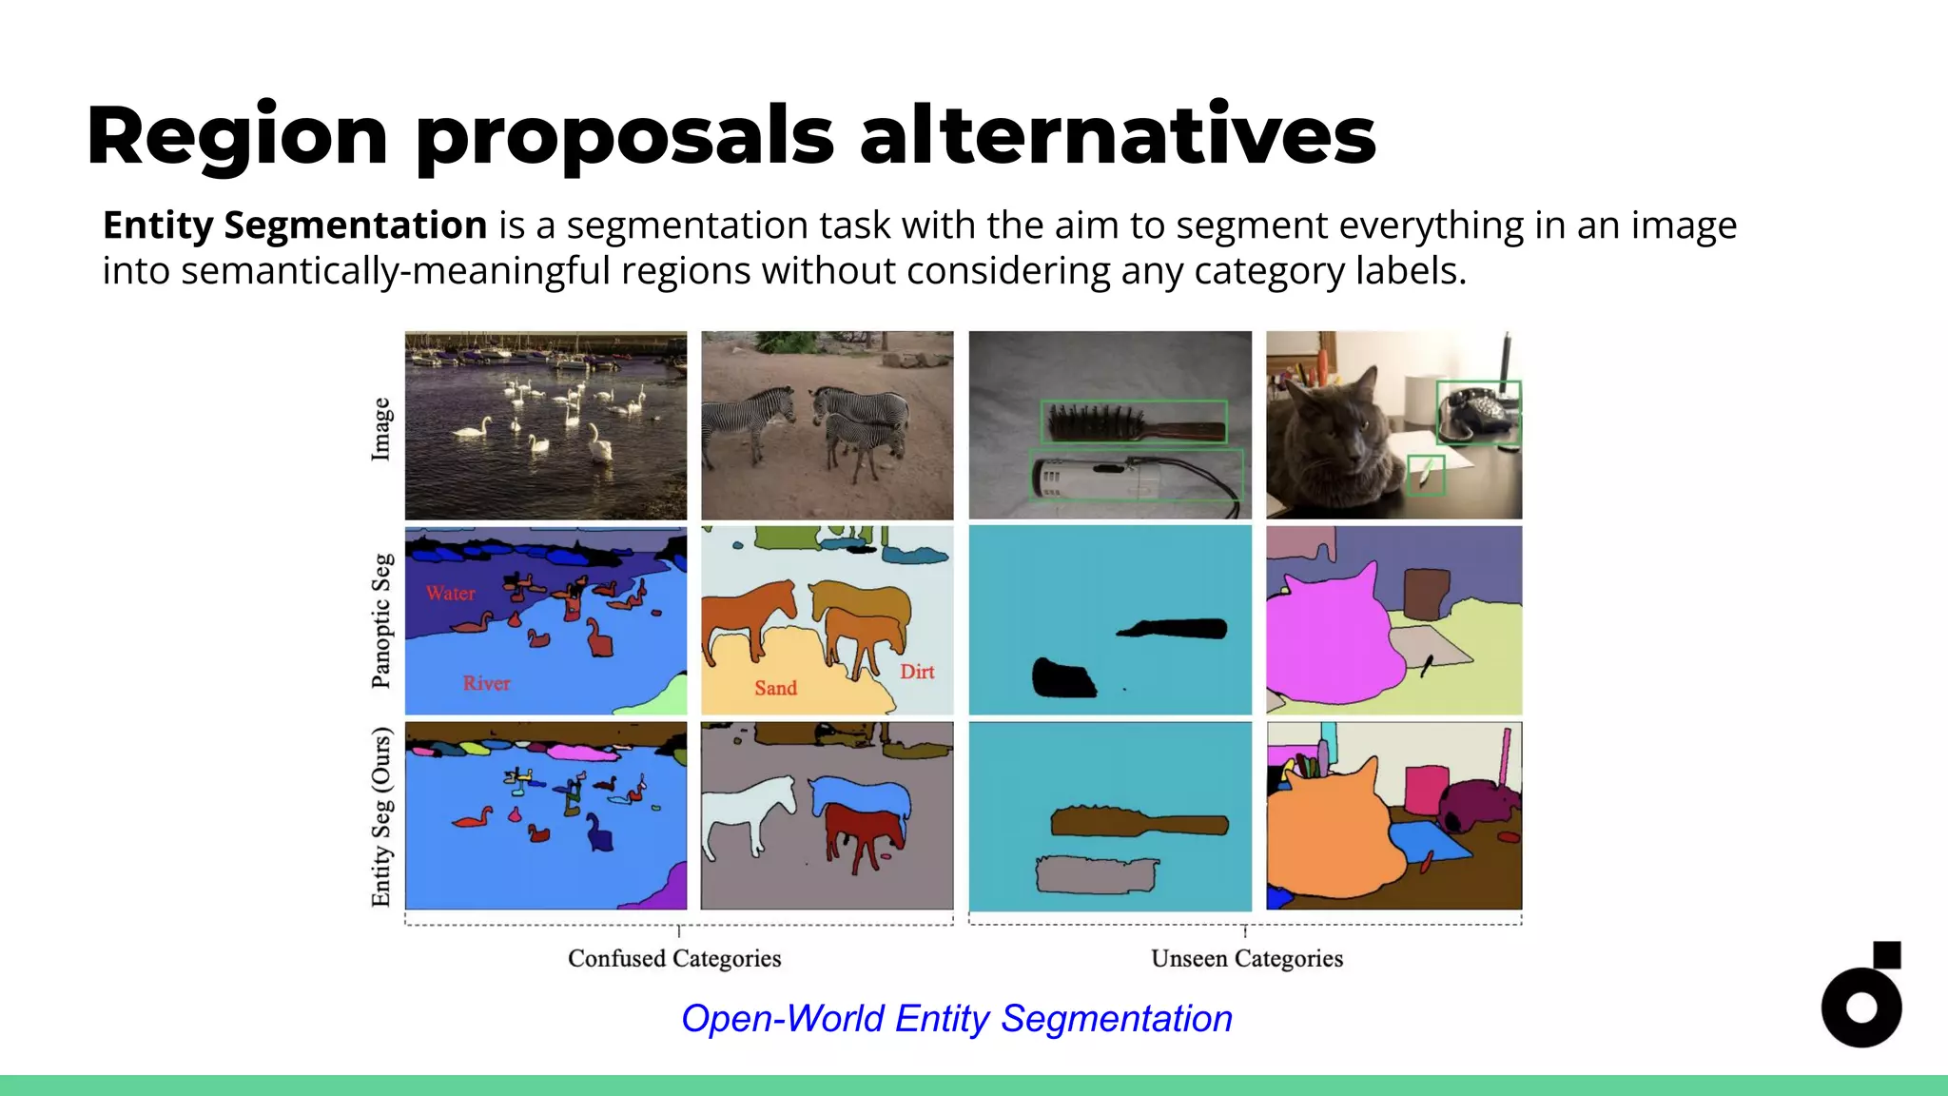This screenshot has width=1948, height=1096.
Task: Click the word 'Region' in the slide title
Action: click(237, 136)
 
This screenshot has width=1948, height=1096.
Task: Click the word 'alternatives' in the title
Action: click(1118, 136)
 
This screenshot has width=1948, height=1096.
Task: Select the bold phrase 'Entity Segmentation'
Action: click(295, 225)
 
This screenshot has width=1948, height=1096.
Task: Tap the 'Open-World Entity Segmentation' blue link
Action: click(957, 1019)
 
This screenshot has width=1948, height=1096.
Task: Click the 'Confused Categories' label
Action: click(674, 958)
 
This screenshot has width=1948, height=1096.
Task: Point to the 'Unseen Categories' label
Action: click(1247, 958)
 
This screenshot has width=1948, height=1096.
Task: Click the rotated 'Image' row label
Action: click(380, 429)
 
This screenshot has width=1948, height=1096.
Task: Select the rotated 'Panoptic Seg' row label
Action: click(380, 620)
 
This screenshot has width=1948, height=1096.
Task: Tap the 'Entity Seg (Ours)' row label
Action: click(380, 816)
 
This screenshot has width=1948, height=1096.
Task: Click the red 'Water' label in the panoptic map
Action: click(451, 594)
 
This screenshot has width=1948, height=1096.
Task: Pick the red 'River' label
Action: click(487, 683)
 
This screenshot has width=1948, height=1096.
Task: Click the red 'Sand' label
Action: click(776, 688)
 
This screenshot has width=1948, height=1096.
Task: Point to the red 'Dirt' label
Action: click(918, 672)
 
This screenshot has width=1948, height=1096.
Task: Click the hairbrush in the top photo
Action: click(1132, 422)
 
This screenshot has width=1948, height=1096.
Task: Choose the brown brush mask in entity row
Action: click(1137, 821)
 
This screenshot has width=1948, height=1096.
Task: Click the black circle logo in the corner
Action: click(1860, 1007)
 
